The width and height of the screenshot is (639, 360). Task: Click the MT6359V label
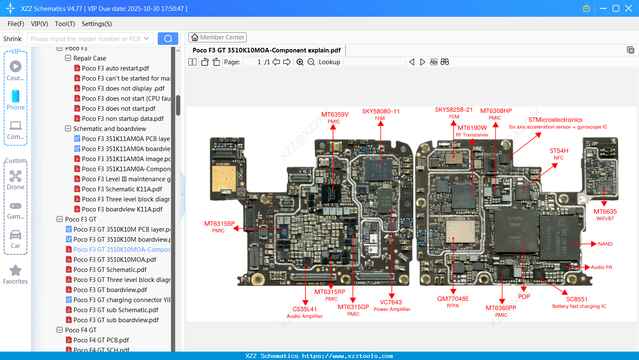335,115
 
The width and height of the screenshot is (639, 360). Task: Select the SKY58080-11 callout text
381,112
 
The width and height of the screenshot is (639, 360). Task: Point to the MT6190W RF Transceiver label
472,128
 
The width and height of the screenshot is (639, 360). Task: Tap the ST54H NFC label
559,151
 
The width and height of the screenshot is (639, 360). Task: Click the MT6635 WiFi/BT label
605,212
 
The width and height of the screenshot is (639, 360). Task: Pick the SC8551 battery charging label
577,300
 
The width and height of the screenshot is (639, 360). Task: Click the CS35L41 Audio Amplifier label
305,310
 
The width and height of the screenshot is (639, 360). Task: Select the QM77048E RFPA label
453,299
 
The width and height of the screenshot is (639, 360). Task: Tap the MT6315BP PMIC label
219,224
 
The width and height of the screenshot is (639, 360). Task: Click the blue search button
168,39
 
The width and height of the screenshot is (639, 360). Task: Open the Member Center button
217,37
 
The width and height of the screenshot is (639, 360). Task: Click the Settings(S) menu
97,24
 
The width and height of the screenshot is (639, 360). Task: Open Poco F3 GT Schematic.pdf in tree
110,270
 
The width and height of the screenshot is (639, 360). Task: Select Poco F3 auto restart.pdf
115,68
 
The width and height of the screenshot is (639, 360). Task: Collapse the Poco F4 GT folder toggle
60,330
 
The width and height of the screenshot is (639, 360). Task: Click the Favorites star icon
16,271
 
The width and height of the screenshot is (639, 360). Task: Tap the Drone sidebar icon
16,176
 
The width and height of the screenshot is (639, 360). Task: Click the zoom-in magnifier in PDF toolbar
300,62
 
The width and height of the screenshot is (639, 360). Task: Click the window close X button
629,8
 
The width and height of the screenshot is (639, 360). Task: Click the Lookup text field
374,62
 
